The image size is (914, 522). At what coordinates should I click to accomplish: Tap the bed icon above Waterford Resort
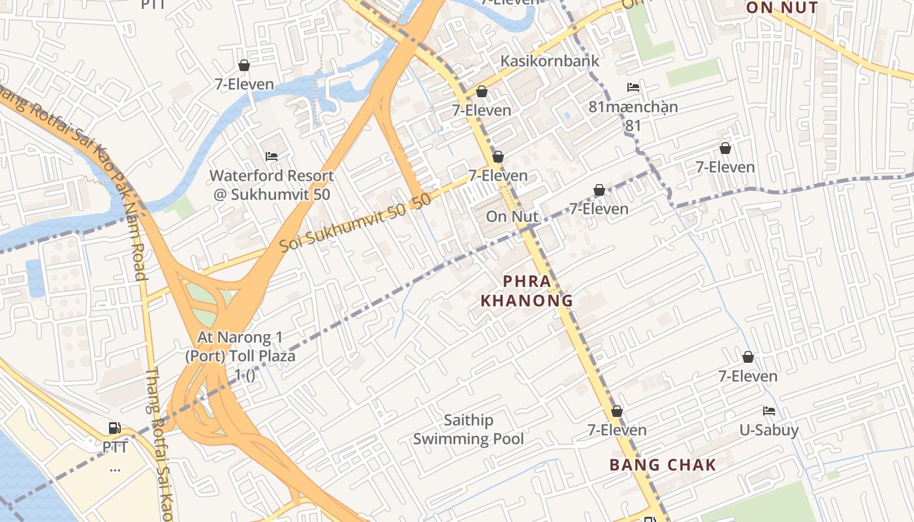coord(272,157)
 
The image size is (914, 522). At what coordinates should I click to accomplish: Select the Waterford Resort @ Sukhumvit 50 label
coord(271,185)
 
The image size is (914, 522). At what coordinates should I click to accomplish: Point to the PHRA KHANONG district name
coord(526,291)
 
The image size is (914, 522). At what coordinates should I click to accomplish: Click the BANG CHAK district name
coord(663,465)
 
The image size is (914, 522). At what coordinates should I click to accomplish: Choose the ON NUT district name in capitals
coord(781,8)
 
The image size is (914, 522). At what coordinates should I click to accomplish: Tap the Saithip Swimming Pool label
coord(468,429)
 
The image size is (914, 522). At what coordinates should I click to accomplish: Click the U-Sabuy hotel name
coord(768,430)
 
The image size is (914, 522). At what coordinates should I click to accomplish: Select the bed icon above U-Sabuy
coord(769,411)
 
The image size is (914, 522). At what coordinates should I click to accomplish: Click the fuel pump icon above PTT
coord(115,428)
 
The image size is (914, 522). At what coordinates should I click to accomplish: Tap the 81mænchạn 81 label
coord(633,115)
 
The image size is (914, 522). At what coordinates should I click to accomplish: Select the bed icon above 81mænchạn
coord(633,87)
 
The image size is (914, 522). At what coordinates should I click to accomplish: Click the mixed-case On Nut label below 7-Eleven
coord(512,217)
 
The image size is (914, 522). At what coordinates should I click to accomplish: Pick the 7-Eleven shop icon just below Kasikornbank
coord(482,91)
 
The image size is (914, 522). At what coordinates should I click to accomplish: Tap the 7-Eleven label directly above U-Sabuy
coord(748,376)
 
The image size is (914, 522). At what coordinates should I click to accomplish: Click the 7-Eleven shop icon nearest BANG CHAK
coord(616,411)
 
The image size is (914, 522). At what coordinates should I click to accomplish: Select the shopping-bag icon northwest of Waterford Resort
coord(244,65)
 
